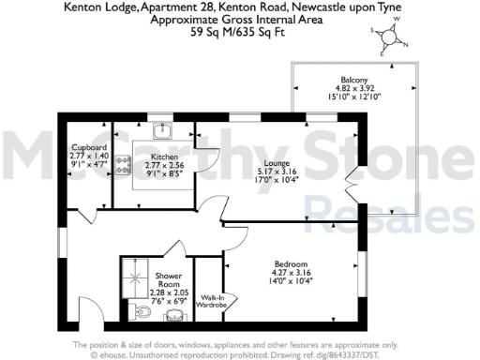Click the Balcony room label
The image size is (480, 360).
354,80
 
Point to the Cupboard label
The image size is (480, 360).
91,148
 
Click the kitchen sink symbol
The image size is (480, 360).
160,130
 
